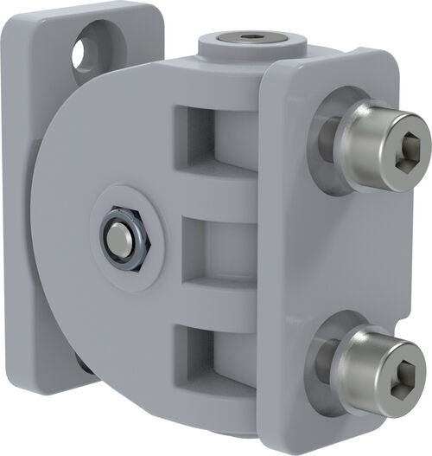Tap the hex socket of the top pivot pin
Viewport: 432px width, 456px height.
251,37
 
